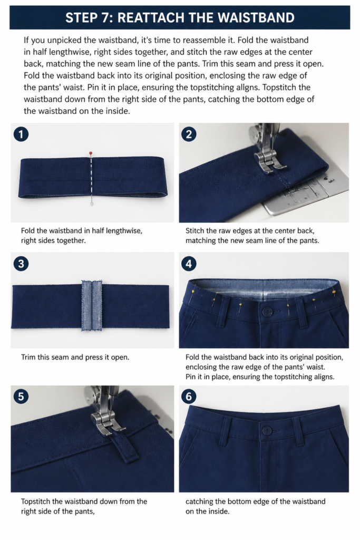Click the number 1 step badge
tap(21, 134)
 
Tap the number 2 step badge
tap(189, 134)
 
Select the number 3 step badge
tap(21, 264)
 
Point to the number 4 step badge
tap(189, 264)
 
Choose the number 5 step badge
tap(21, 397)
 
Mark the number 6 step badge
tap(189, 397)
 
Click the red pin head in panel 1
tap(91, 152)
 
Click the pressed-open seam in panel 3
tap(92, 305)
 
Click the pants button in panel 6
tap(267, 430)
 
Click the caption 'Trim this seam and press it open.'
tap(75, 357)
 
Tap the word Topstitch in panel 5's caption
tap(37, 502)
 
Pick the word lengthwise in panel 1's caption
tap(124, 231)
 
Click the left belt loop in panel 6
tap(227, 431)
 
